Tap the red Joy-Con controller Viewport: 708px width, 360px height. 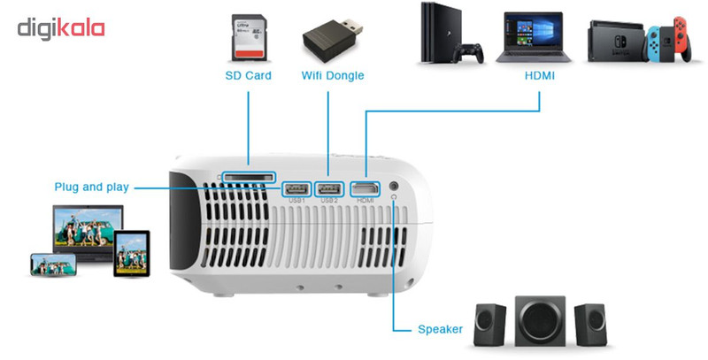[x=680, y=39]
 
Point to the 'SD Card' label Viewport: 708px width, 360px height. [x=248, y=76]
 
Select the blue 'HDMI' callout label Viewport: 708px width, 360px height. [x=540, y=76]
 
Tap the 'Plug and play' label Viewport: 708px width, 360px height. [x=92, y=187]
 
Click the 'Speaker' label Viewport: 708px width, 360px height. [x=440, y=330]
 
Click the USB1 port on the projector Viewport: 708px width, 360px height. [x=296, y=188]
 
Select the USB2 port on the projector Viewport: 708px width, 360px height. [x=329, y=188]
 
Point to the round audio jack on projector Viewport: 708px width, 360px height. [x=393, y=188]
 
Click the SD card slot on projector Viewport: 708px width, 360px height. [x=249, y=177]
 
